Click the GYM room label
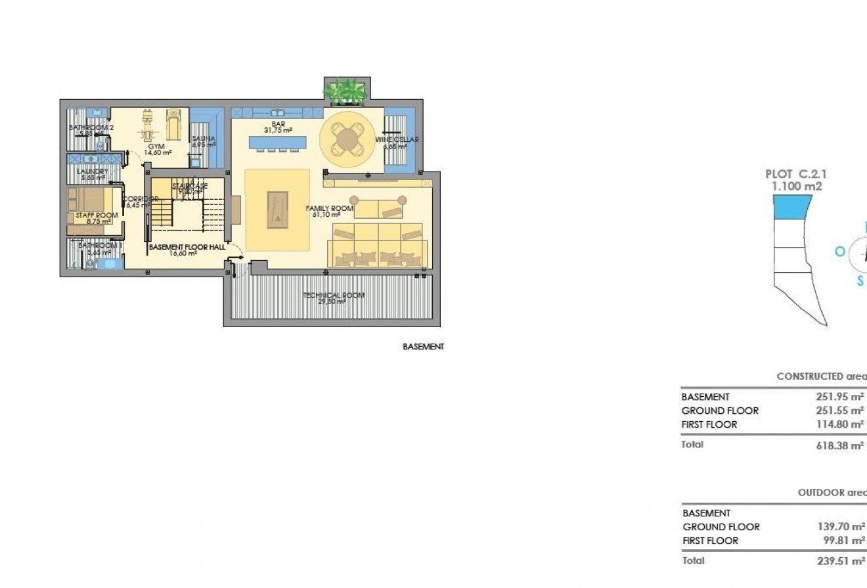tap(156, 146)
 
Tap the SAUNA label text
tap(200, 139)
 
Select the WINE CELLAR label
tap(397, 139)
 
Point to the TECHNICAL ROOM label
tap(334, 296)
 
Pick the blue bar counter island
tap(278, 142)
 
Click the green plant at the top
tap(346, 91)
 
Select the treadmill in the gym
tap(173, 124)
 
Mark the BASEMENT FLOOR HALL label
tap(187, 248)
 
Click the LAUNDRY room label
tap(93, 171)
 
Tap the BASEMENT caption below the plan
tap(423, 347)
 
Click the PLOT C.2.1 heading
tap(796, 174)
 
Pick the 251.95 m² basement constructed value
tap(839, 397)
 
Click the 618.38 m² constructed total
tap(839, 445)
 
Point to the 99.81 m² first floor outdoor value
tap(842, 541)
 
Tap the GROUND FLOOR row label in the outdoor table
tap(721, 527)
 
